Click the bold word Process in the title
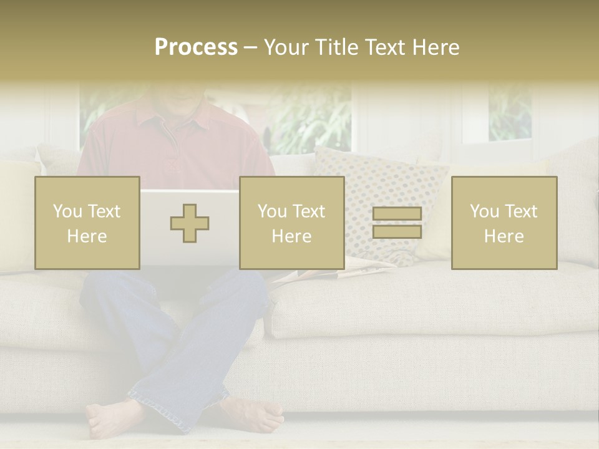point(196,47)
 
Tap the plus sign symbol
point(190,223)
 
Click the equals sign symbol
point(397,223)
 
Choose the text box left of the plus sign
point(87,223)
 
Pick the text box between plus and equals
point(291,223)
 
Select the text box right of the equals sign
point(504,223)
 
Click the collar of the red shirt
point(181,122)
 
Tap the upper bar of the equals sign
point(397,214)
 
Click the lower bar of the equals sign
point(397,231)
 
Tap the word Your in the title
point(286,47)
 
